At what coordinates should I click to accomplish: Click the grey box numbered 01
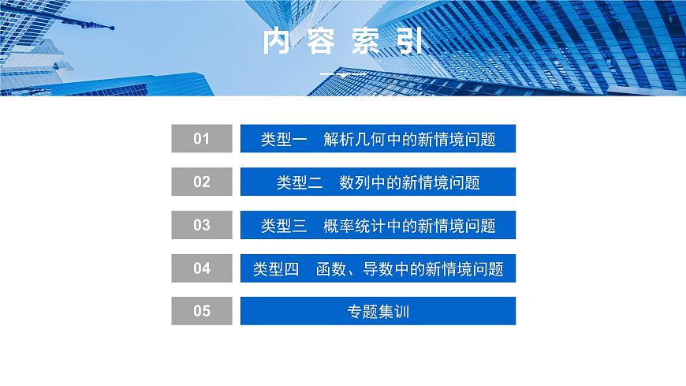[202, 139]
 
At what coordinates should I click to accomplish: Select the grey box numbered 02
[202, 182]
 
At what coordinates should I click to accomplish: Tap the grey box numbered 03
[202, 225]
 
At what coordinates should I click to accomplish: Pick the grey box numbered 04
[202, 268]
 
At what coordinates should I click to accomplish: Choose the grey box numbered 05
[202, 311]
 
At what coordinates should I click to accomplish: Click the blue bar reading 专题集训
[378, 311]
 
